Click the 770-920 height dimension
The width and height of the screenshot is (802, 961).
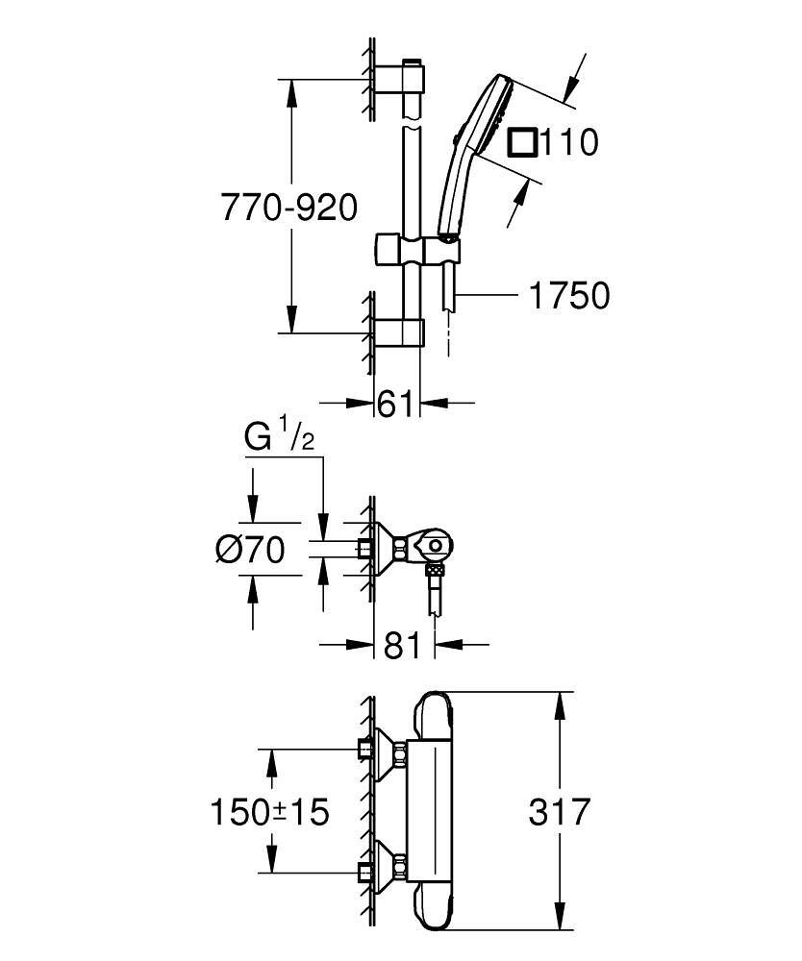point(288,207)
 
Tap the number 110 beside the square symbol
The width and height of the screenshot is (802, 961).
point(567,143)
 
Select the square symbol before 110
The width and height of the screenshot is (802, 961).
point(522,142)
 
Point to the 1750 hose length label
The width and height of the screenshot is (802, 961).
point(569,296)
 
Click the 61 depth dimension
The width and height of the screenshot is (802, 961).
point(396,405)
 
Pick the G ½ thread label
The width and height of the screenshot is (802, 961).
point(278,438)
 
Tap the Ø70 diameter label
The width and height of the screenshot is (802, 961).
point(251,550)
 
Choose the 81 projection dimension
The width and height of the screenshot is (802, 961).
point(402,645)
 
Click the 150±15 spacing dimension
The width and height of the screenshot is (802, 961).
point(270,812)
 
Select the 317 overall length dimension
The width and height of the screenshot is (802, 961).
point(559,812)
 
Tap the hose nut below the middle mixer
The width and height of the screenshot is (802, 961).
point(435,573)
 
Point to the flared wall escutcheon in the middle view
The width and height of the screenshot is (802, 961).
point(388,548)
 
